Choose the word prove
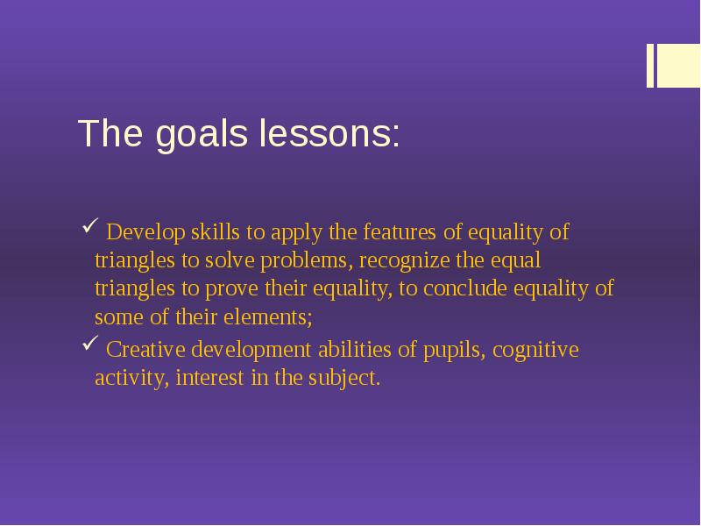(229, 289)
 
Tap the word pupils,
(455, 352)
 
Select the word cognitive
(535, 352)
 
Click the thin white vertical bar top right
(650, 66)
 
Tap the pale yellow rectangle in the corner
(679, 66)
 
